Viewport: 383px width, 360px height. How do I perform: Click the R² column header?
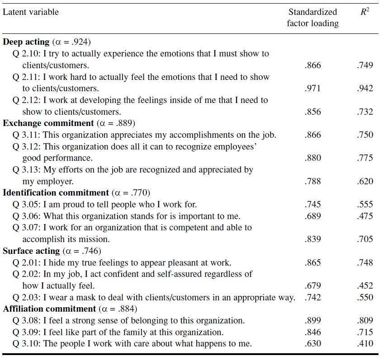(364, 12)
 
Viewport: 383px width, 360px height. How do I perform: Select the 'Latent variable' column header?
(31, 12)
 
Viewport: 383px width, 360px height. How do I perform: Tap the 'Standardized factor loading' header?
(312, 18)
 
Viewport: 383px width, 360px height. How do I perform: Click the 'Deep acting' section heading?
(26, 42)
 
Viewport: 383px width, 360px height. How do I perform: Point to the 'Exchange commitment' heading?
(48, 123)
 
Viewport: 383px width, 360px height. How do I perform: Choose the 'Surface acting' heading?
(31, 251)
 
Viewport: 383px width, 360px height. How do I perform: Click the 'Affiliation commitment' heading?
(49, 309)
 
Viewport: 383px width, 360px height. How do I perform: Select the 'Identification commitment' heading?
(56, 192)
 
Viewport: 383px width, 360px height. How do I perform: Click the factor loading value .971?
(312, 89)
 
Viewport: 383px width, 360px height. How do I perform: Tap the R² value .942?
(364, 89)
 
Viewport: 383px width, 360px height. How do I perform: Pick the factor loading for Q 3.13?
(312, 181)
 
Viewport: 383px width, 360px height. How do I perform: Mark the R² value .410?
(364, 344)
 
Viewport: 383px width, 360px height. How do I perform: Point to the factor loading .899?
(312, 321)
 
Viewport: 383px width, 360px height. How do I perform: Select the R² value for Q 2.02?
(364, 285)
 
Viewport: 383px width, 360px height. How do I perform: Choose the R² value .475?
(364, 216)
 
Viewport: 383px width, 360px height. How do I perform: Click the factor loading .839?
(312, 239)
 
